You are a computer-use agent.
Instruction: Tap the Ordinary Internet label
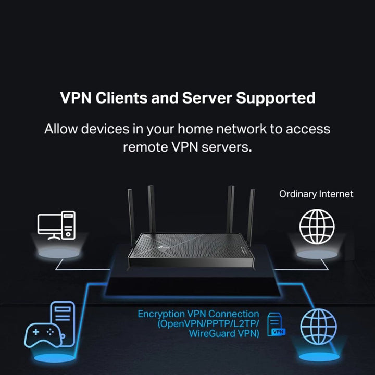pyautogui.click(x=316, y=194)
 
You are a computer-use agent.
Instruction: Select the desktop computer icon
pyautogui.click(x=56, y=225)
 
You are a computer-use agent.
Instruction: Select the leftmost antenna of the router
pyautogui.click(x=131, y=214)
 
